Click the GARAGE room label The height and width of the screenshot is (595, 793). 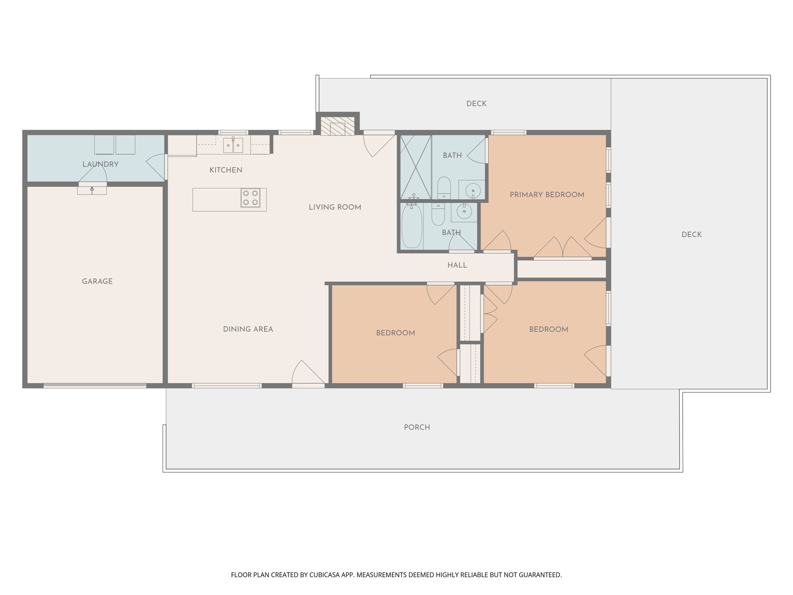97,282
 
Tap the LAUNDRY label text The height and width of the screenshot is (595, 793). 100,164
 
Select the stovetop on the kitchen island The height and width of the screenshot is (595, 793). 251,198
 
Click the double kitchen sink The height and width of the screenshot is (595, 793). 233,146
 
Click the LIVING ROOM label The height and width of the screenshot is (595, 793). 335,207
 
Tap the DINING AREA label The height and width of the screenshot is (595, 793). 248,329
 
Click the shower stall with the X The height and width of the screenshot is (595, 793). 415,167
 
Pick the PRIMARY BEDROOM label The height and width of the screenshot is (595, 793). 547,195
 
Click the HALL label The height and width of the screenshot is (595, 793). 457,265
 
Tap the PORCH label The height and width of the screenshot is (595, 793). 417,427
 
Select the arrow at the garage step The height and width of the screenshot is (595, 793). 92,189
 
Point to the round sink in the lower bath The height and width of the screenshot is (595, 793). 463,212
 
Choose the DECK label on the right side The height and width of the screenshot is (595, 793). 691,234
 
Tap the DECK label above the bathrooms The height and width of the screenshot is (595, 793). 476,103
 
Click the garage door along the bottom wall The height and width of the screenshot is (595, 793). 95,386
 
